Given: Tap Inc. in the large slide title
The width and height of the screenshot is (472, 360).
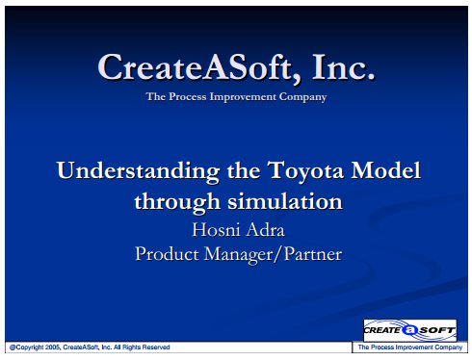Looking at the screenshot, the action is (343, 66).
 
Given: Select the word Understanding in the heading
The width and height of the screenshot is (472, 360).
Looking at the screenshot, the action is (138, 171).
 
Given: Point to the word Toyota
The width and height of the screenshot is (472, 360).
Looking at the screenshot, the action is (305, 170).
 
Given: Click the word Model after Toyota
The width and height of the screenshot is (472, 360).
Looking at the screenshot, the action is (385, 169).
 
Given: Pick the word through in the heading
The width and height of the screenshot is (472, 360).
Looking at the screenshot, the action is (177, 202).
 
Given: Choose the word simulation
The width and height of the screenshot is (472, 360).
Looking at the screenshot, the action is (285, 201).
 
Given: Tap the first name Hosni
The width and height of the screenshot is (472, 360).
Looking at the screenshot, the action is (211, 229).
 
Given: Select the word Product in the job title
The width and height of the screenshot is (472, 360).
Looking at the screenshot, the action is (167, 254).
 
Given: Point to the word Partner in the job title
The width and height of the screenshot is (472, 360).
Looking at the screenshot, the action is (313, 254).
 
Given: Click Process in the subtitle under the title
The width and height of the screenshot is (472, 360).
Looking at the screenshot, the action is (188, 96).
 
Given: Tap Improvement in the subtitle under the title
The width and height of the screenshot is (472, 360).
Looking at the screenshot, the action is (243, 97).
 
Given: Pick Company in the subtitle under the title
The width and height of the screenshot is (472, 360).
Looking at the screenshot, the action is (302, 97).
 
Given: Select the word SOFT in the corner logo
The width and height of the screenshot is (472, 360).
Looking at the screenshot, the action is (437, 330).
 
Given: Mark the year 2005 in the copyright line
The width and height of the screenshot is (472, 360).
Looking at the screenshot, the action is (53, 347).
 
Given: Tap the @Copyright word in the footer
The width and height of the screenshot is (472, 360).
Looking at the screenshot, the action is (27, 347).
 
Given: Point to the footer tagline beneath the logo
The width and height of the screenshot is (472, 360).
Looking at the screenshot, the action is (410, 347).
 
